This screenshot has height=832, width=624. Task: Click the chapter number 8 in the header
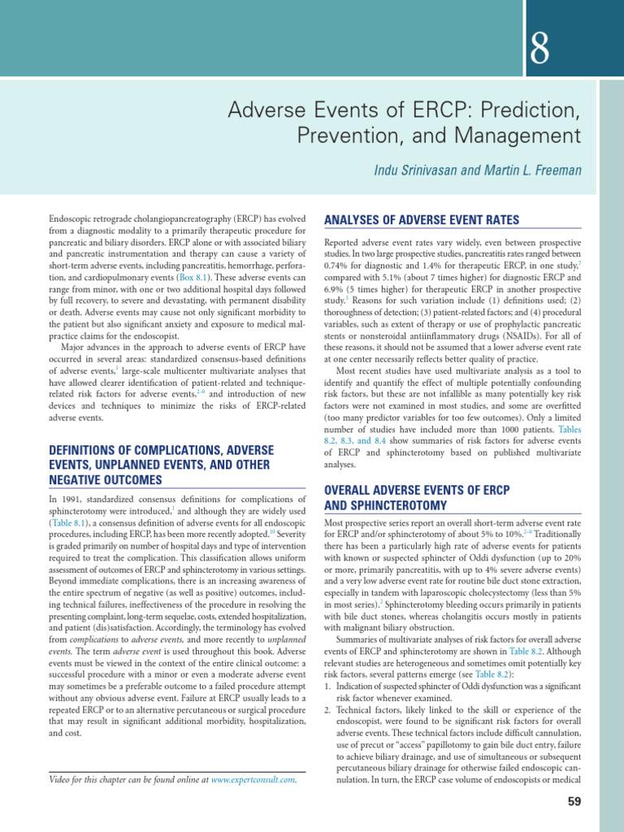(539, 52)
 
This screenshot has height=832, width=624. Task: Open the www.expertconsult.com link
(253, 781)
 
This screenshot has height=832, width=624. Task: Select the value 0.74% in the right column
(337, 264)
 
